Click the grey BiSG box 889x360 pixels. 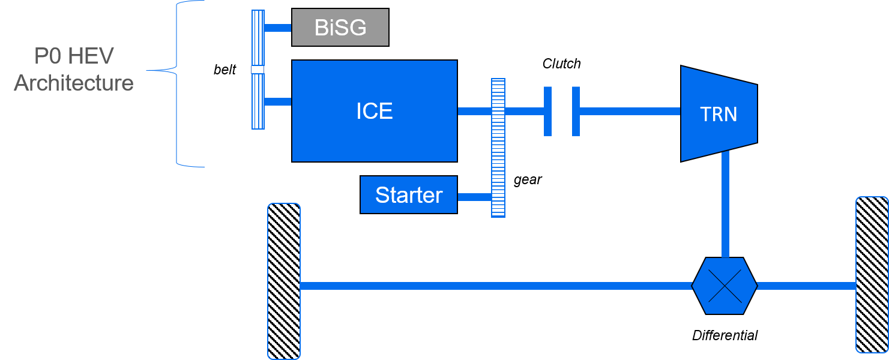coord(340,28)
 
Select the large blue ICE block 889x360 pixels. coord(374,111)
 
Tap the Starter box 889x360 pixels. coord(408,195)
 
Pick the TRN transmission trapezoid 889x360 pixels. coord(719,113)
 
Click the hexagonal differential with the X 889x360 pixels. coord(725,286)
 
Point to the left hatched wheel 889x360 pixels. coord(283,281)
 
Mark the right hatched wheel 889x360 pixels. coord(872,275)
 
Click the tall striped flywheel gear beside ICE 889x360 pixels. coord(498,148)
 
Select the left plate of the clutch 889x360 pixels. coord(547,111)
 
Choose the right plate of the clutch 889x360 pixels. coord(576,111)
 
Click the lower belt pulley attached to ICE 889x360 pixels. coord(258,101)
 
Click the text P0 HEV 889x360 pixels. coord(73,56)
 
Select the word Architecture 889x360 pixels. coord(73,83)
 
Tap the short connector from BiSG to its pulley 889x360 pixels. coord(277,28)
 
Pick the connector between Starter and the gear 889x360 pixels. coord(474,196)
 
